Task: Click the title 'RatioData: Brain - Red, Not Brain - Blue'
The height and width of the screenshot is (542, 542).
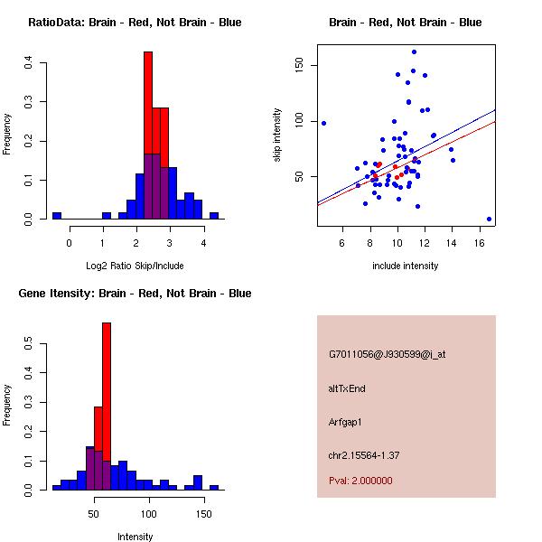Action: click(x=135, y=22)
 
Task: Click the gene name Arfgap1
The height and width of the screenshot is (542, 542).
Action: click(x=351, y=421)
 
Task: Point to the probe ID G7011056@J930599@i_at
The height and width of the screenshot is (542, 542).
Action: click(x=387, y=354)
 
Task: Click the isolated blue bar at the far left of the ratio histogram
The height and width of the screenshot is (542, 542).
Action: click(x=57, y=216)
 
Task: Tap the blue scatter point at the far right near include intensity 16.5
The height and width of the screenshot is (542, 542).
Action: click(x=489, y=219)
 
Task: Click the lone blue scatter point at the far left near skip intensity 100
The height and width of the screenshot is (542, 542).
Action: click(x=322, y=123)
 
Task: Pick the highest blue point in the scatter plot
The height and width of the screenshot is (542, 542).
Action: click(x=414, y=51)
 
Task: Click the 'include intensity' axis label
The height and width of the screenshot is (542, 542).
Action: click(x=406, y=266)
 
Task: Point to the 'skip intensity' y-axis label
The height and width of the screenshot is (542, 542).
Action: click(x=277, y=135)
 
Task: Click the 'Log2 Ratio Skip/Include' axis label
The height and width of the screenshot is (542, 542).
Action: click(x=135, y=266)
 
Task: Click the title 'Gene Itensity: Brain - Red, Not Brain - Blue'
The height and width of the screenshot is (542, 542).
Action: click(x=135, y=293)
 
